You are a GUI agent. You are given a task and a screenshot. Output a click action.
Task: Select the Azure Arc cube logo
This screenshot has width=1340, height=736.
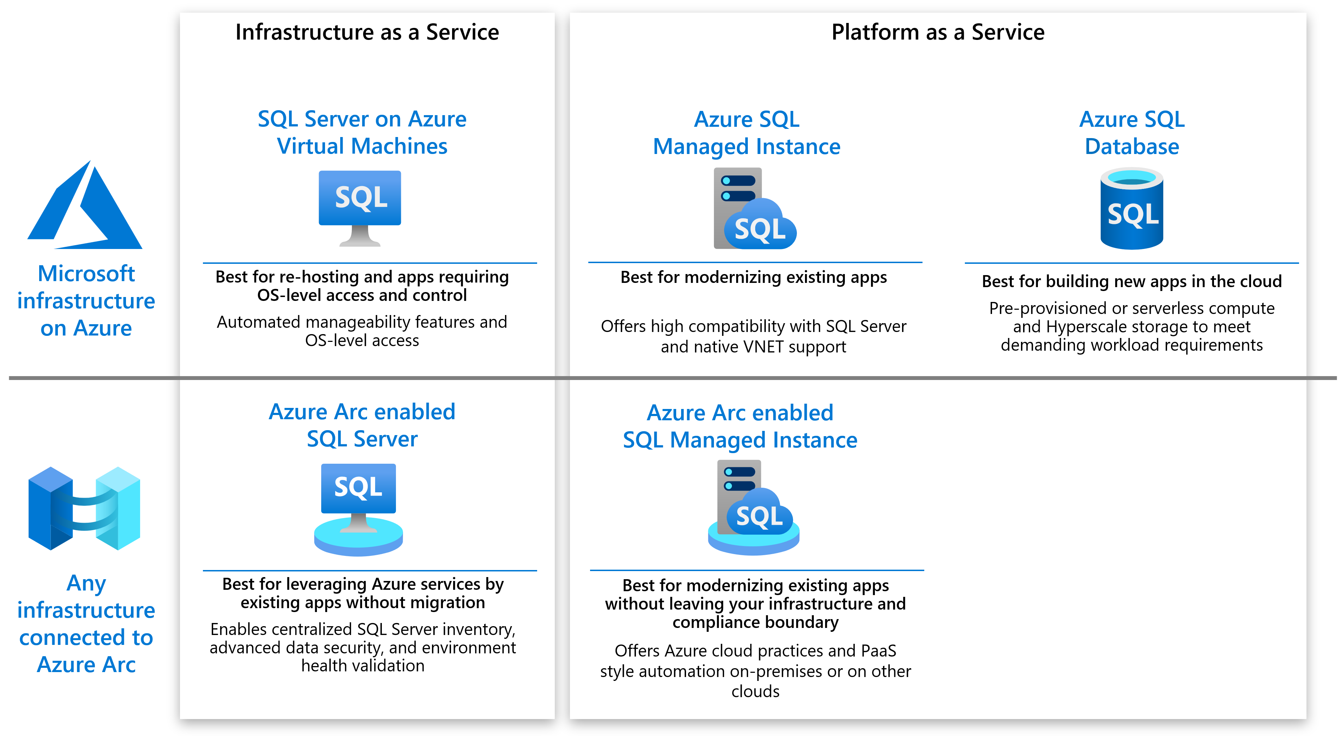tap(84, 509)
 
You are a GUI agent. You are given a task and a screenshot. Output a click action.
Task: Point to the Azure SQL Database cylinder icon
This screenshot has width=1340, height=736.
tap(1131, 208)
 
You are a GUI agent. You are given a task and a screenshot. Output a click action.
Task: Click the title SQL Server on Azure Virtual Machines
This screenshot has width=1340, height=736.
tap(362, 133)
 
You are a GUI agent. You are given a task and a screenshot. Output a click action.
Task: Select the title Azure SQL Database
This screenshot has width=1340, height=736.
tap(1131, 133)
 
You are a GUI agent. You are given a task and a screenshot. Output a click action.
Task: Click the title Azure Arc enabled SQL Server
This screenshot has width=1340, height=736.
tap(362, 425)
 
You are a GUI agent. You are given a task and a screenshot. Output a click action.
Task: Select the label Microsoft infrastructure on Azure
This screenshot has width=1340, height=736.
tap(86, 301)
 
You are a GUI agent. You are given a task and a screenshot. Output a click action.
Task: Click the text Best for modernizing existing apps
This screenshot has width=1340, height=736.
tap(753, 278)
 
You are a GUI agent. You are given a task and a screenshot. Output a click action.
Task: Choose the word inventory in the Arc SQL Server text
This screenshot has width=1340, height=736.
tap(477, 629)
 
